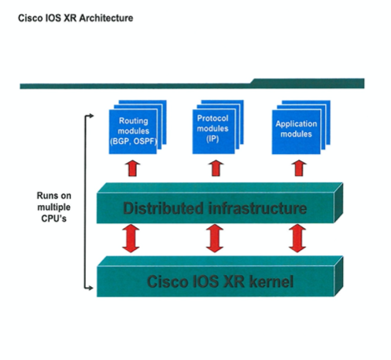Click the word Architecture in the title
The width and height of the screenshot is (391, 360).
[106, 18]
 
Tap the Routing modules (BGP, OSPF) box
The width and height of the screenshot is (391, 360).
[133, 131]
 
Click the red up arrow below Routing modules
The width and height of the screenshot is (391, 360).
[132, 168]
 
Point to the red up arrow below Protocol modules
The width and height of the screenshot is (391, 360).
[216, 168]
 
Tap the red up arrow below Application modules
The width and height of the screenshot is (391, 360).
[299, 168]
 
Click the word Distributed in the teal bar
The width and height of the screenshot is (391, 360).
[163, 208]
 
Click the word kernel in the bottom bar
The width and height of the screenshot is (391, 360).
[271, 281]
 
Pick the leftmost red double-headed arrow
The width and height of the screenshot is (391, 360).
[131, 238]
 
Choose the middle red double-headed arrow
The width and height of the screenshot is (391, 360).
[215, 238]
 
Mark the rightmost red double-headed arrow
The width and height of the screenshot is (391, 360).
[297, 238]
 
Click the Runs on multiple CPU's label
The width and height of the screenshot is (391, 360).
[53, 207]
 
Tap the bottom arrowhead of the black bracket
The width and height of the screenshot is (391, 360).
[90, 288]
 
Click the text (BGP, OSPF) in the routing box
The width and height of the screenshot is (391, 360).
[134, 141]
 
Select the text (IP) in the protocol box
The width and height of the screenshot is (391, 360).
[212, 138]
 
